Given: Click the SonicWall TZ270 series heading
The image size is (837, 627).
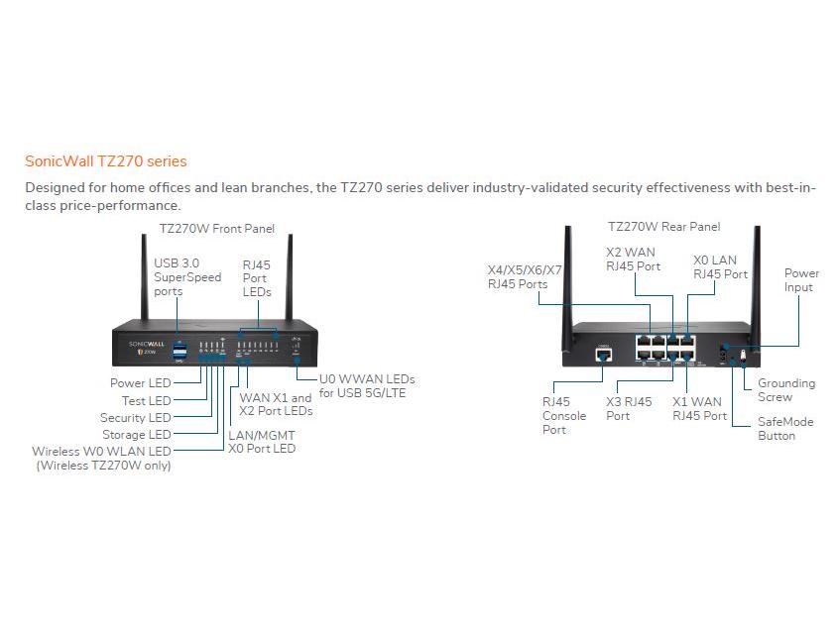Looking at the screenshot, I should point(105,160).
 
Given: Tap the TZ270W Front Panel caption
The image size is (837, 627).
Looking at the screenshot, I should point(217,228).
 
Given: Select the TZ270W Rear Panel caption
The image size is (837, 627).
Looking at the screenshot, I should point(663,227).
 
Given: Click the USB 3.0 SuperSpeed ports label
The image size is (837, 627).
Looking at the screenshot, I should point(187,277).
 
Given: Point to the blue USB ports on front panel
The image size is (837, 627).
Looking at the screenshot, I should point(179,350).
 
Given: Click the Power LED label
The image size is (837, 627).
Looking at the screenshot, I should point(140,383).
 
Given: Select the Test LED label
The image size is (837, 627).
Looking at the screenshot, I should point(146,400).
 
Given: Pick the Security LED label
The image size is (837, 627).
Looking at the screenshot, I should point(135,418).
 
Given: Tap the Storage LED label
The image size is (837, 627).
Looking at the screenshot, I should point(137,435).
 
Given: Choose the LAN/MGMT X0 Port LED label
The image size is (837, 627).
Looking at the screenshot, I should point(262,442).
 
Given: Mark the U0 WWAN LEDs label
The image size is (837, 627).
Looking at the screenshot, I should point(366,386).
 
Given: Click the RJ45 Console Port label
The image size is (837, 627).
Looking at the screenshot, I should point(563,416).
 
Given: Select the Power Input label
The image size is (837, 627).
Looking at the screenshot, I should point(801,280).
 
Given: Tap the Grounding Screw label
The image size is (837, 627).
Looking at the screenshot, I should point(786,390).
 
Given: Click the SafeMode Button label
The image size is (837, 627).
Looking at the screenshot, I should point(785,429).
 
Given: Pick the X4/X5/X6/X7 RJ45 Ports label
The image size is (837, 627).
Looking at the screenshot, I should point(525,277).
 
